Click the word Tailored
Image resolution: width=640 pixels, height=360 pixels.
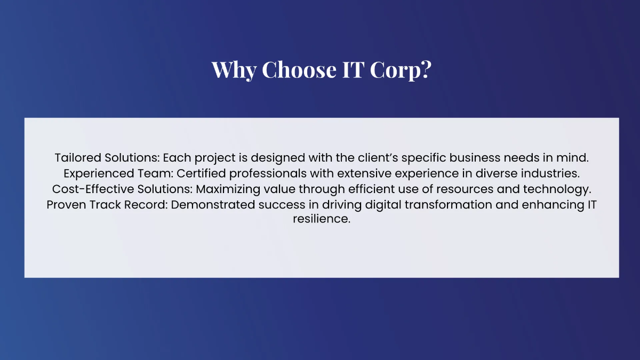[x=75, y=158]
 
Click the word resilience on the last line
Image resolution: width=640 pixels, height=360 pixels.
[x=321, y=219]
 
